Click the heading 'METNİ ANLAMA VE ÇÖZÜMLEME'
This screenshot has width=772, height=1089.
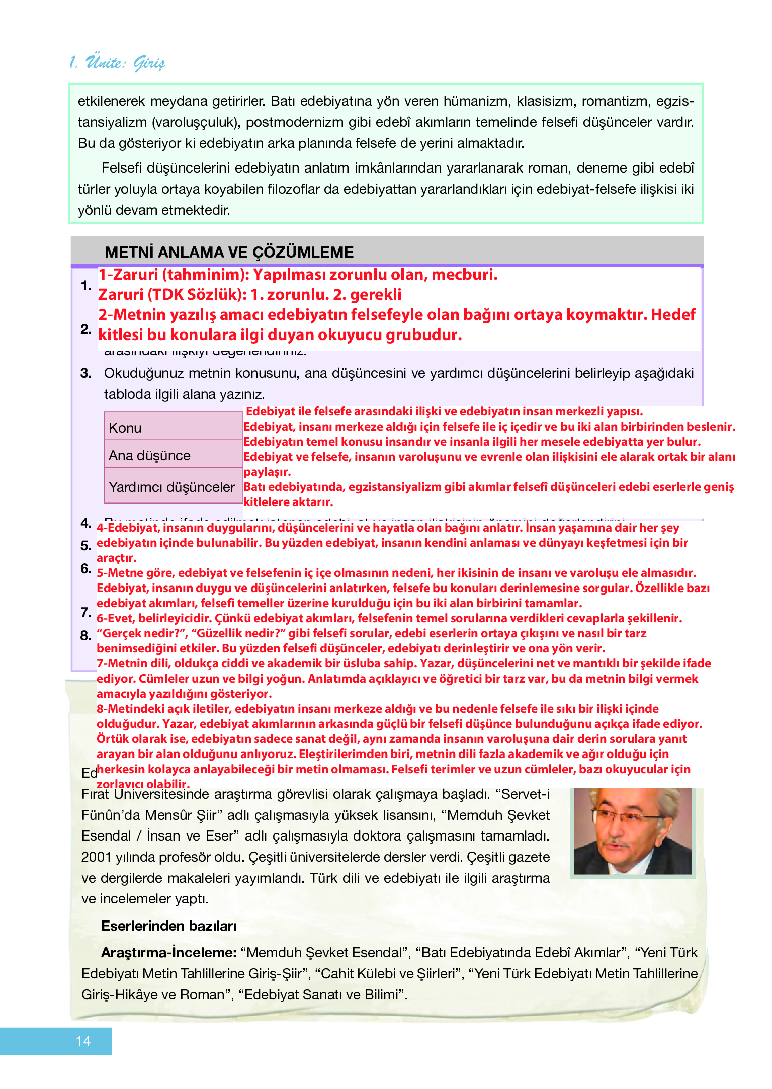click(x=229, y=252)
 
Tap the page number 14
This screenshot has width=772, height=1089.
click(x=83, y=1041)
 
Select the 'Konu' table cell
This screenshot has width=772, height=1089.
click(x=173, y=427)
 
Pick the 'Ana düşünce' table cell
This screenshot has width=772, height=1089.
click(x=173, y=455)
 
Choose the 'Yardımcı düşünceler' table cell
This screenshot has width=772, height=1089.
click(x=173, y=486)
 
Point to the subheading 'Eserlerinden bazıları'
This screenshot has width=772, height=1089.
click(x=169, y=926)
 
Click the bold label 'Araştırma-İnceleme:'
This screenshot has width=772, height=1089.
click(x=168, y=952)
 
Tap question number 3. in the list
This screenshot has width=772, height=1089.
click(x=86, y=373)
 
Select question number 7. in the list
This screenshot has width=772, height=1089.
click(x=85, y=612)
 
